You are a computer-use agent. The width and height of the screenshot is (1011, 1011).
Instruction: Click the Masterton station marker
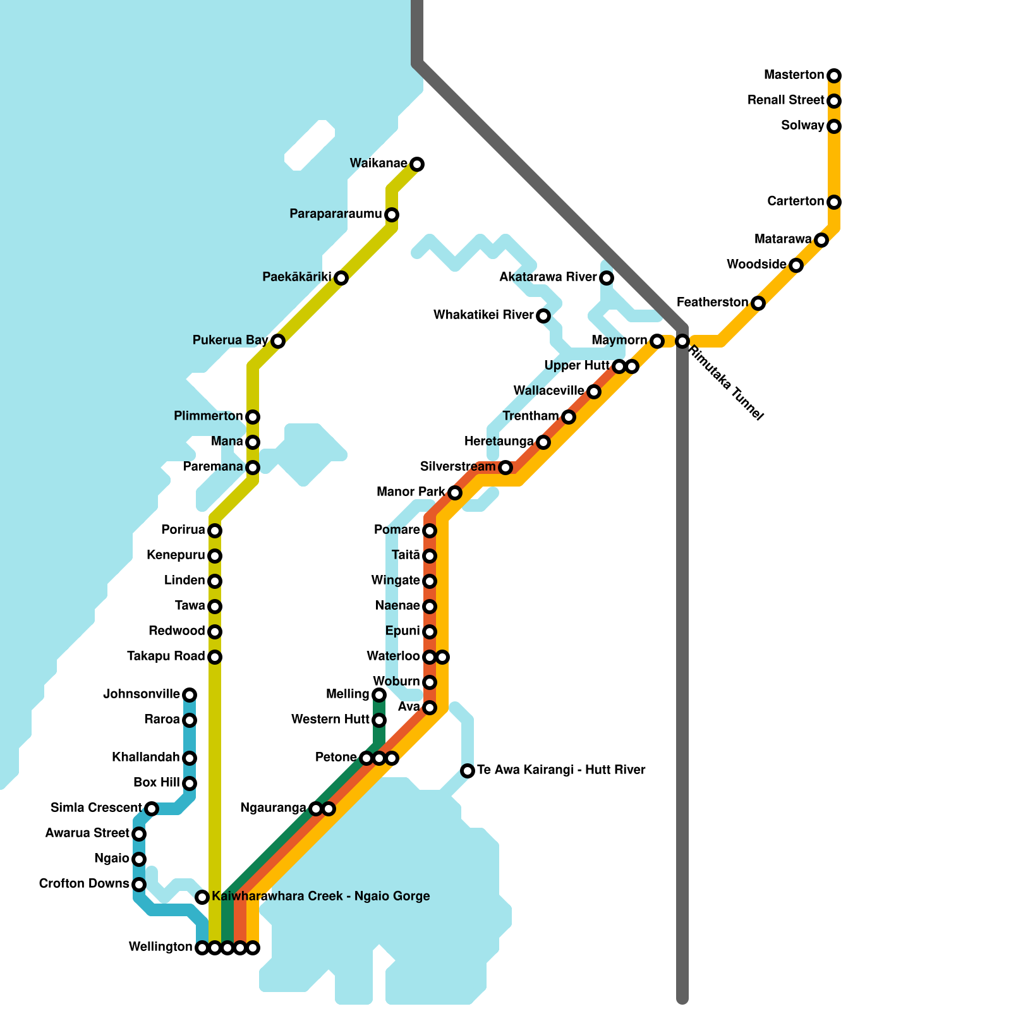pyautogui.click(x=834, y=76)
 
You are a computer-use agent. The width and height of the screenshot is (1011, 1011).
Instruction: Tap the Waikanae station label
pyautogui.click(x=378, y=164)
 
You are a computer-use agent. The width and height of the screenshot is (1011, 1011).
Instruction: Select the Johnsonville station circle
pyautogui.click(x=190, y=695)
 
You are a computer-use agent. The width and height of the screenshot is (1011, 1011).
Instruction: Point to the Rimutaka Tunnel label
pyautogui.click(x=726, y=382)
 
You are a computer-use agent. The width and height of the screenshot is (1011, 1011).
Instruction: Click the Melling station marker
pyautogui.click(x=379, y=695)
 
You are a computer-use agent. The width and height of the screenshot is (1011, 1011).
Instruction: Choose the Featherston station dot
pyautogui.click(x=758, y=303)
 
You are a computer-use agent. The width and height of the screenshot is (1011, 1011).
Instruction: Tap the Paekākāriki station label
pyautogui.click(x=297, y=277)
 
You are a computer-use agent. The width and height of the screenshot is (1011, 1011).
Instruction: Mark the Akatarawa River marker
pyautogui.click(x=607, y=278)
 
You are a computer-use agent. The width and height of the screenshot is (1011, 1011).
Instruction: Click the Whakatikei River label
pyautogui.click(x=483, y=315)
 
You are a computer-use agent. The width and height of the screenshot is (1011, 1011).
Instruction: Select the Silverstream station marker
pyautogui.click(x=505, y=468)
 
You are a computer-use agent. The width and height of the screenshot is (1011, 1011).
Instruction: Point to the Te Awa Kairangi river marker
pyautogui.click(x=468, y=771)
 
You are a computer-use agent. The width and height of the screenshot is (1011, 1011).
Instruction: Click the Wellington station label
pyautogui.click(x=160, y=947)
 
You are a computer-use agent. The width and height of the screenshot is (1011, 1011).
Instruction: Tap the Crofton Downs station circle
pyautogui.click(x=139, y=885)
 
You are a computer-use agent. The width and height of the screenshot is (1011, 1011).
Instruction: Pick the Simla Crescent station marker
pyautogui.click(x=152, y=809)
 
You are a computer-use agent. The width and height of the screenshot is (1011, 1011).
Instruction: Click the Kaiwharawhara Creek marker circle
pyautogui.click(x=202, y=897)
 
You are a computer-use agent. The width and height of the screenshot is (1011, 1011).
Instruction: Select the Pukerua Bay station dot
pyautogui.click(x=278, y=341)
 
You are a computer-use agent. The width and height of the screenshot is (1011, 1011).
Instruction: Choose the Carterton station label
pyautogui.click(x=796, y=202)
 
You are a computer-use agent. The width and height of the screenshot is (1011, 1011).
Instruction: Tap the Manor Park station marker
pyautogui.click(x=455, y=493)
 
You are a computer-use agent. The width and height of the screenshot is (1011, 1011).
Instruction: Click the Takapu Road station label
pyautogui.click(x=166, y=657)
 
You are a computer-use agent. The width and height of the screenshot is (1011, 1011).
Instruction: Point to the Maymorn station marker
pyautogui.click(x=657, y=341)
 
